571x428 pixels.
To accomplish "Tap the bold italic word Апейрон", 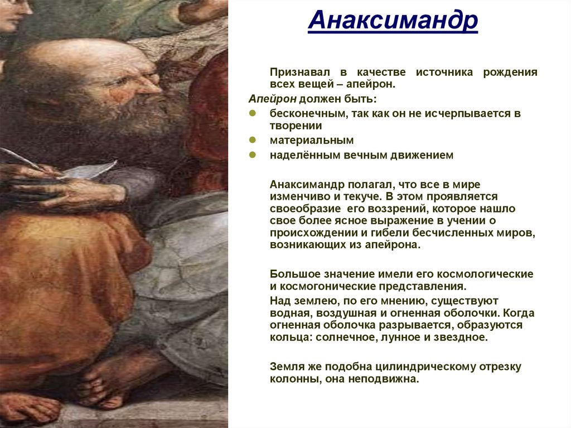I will click(x=272, y=99).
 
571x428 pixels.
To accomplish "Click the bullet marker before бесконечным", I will click(x=253, y=113).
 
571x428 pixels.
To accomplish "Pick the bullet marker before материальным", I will click(x=253, y=140).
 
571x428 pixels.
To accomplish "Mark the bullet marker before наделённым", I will click(x=253, y=156).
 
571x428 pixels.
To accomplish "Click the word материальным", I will click(x=312, y=140).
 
